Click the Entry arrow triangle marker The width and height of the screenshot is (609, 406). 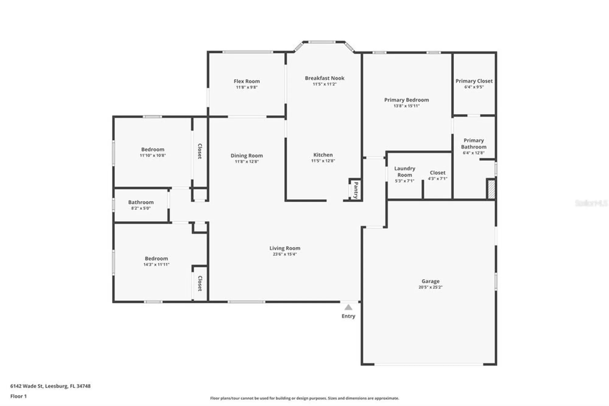pos(348,307)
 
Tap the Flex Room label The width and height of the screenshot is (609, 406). pos(247,81)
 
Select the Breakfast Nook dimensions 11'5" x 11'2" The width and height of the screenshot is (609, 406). pos(325,84)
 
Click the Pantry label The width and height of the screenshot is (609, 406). pos(356,190)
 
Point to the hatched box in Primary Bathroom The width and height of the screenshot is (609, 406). pos(491,190)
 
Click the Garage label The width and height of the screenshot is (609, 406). pos(430,281)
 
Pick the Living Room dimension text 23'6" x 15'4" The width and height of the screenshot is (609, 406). pos(284,254)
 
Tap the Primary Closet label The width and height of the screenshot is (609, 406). pos(474,81)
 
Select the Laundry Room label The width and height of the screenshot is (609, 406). pos(404,172)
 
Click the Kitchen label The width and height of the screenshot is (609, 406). pos(323,155)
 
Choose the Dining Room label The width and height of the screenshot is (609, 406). pos(246,155)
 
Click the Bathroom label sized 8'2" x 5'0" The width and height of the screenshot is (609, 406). pos(141,202)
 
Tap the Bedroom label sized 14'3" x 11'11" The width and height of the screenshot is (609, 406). pos(156,258)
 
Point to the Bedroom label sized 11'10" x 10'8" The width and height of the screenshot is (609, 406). pos(153,149)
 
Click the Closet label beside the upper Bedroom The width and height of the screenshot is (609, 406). pos(200,151)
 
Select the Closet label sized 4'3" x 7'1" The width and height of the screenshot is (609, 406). pos(438,173)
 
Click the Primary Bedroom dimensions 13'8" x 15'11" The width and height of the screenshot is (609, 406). pos(406,106)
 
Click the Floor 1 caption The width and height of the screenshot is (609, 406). pos(18,396)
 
